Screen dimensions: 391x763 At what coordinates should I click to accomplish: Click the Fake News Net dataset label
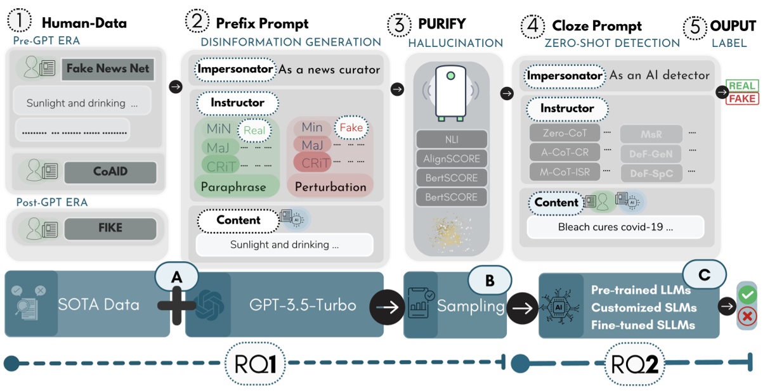[108, 68]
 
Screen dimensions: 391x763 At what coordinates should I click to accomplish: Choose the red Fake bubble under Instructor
[351, 127]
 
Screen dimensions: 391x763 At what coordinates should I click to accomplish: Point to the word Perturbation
[330, 187]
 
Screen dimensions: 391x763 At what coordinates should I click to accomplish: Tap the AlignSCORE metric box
[451, 158]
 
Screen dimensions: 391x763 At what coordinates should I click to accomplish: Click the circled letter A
[178, 277]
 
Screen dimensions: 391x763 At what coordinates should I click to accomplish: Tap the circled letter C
[705, 274]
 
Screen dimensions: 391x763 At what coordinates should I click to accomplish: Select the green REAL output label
[742, 86]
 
